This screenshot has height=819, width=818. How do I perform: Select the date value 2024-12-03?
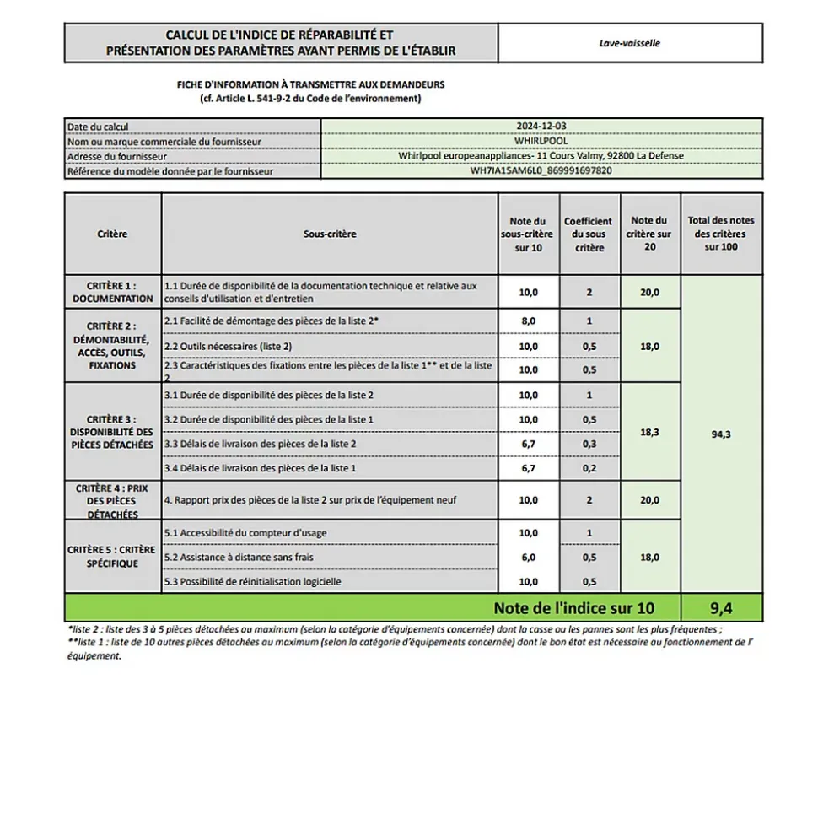pyautogui.click(x=541, y=126)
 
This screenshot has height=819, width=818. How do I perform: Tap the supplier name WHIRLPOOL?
pyautogui.click(x=541, y=141)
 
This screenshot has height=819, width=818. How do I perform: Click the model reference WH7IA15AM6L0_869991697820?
pyautogui.click(x=541, y=170)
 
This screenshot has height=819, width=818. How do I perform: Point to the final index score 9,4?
pyautogui.click(x=720, y=607)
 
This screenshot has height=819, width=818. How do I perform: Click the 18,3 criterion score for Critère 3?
pyautogui.click(x=649, y=432)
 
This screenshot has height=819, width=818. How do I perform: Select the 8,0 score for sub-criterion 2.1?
pyautogui.click(x=528, y=321)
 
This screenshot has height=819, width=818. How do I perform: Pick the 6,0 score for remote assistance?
pyautogui.click(x=528, y=558)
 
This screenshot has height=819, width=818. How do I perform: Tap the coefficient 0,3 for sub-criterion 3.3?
pyautogui.click(x=589, y=444)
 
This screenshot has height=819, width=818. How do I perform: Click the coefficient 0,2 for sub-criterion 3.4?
pyautogui.click(x=589, y=468)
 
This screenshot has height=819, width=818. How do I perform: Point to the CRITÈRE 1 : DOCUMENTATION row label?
pyautogui.click(x=113, y=292)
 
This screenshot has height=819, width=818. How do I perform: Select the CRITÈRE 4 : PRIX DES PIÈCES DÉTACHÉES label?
pyautogui.click(x=113, y=501)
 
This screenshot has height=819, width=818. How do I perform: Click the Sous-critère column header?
pyautogui.click(x=330, y=234)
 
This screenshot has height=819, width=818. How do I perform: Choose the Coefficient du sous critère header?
pyautogui.click(x=589, y=234)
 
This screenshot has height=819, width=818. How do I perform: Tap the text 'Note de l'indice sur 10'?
pyautogui.click(x=573, y=607)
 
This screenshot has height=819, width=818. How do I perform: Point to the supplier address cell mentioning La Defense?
pyautogui.click(x=541, y=155)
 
